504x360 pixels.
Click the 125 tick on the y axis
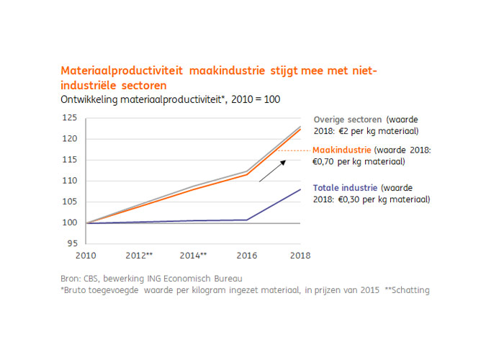[x=70, y=117]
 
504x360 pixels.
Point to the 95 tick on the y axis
[x=72, y=243]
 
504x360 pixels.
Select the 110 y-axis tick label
[x=70, y=181]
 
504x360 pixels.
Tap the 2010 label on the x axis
[x=86, y=256]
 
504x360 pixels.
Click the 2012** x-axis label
[x=139, y=256]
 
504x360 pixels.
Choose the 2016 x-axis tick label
[x=247, y=256]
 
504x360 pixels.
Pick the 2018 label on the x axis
[x=300, y=256]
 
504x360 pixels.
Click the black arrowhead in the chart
[x=283, y=163]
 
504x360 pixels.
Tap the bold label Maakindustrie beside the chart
[x=342, y=150]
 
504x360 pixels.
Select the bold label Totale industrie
[x=345, y=188]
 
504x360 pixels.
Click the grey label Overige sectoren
[x=348, y=120]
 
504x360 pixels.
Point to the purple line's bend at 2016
[x=247, y=220]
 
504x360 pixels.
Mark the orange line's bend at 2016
[x=247, y=174]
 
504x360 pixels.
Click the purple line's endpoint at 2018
[x=300, y=189]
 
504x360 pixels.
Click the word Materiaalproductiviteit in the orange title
[x=122, y=71]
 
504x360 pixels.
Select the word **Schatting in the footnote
[x=407, y=290]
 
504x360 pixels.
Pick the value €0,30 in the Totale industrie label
[x=348, y=199]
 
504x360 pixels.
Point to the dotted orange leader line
[x=294, y=150]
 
